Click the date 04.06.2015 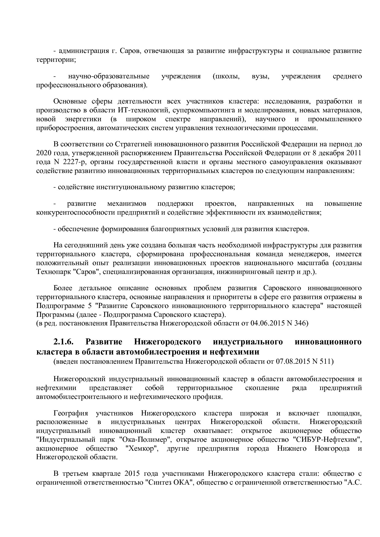click(264, 323)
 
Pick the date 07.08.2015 click(290, 361)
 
